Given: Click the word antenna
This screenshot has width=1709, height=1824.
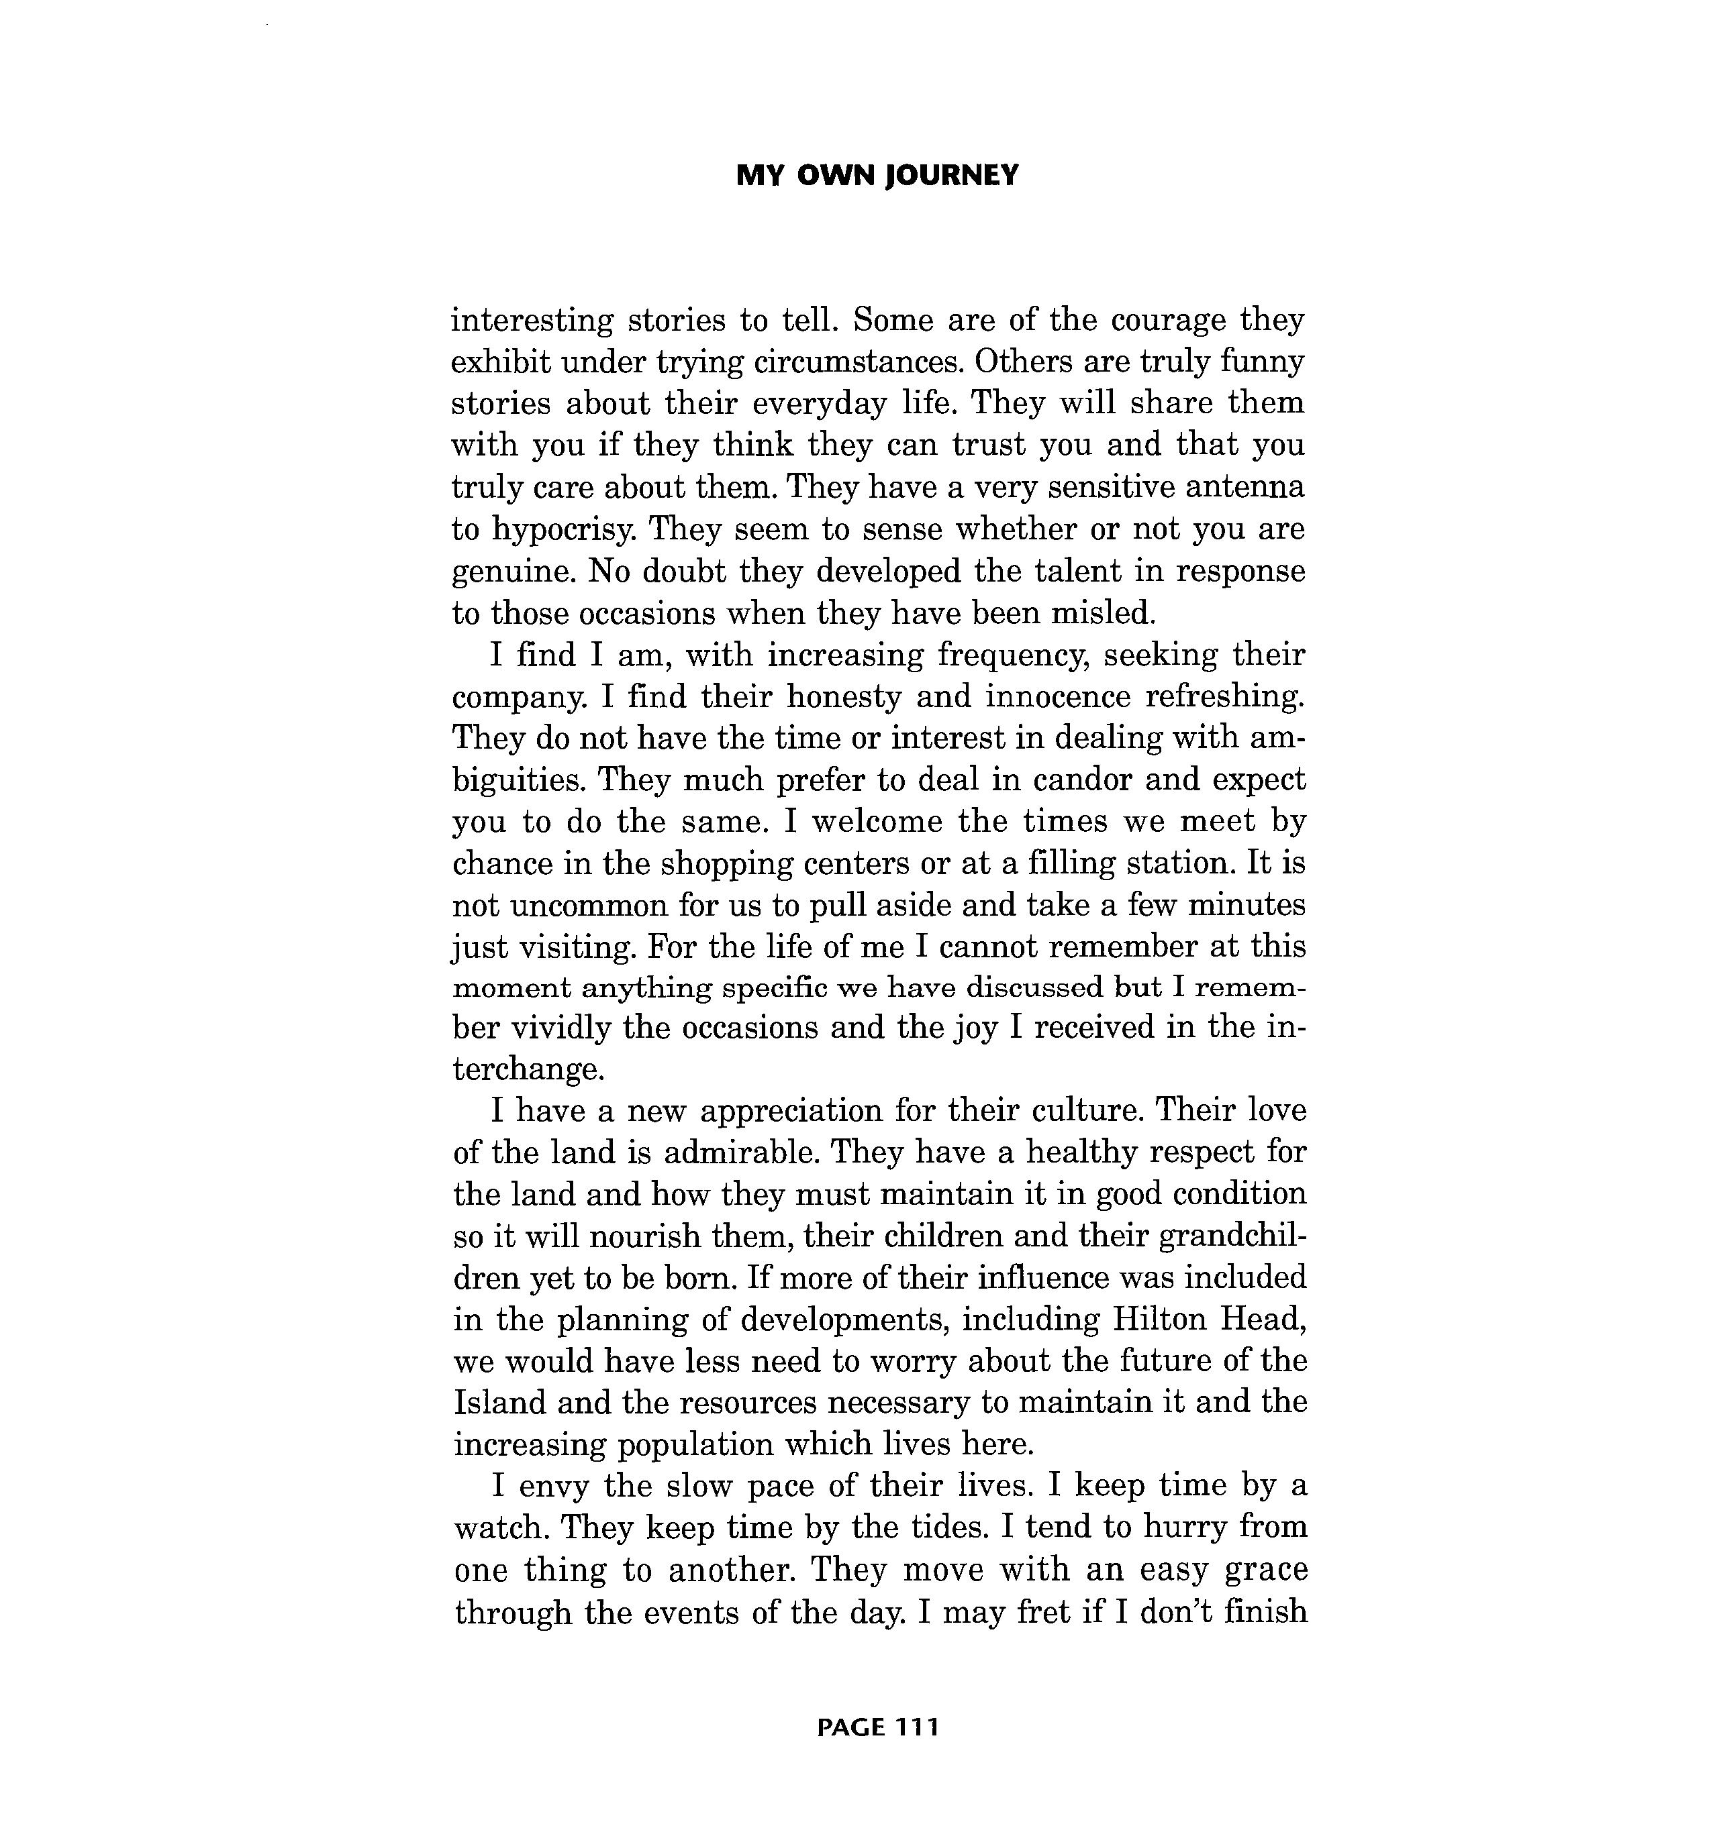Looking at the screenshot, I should point(1244,486).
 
